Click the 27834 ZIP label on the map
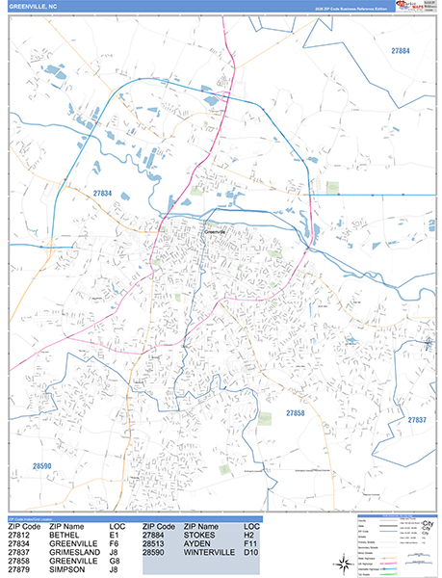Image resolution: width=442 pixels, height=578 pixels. (103, 194)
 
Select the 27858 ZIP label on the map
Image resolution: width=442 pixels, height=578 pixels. (296, 413)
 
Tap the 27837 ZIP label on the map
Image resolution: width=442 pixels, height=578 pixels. (416, 420)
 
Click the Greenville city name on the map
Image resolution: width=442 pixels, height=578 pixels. (213, 232)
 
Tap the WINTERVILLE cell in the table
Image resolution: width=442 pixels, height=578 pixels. (206, 552)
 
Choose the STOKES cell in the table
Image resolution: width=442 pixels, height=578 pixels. (197, 535)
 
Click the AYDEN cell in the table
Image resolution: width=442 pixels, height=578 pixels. (195, 543)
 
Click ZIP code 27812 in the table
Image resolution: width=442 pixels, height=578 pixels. (20, 535)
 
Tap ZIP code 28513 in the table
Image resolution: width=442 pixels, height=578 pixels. (154, 543)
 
